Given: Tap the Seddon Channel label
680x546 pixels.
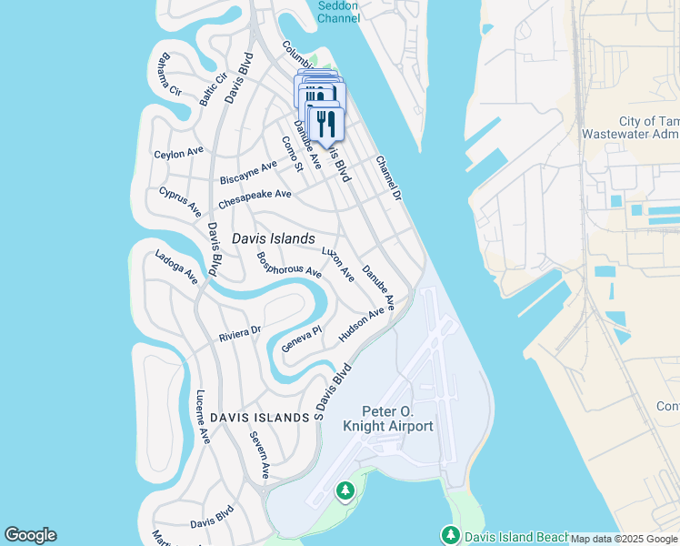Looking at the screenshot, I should tap(339, 11).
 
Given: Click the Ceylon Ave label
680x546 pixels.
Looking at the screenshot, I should tap(179, 154).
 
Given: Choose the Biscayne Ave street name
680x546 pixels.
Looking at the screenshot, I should tap(248, 172).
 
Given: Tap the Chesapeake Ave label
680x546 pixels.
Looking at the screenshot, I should tap(255, 194).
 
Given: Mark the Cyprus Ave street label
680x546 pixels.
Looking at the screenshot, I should tap(180, 202).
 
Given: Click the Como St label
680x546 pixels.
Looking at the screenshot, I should tap(291, 153).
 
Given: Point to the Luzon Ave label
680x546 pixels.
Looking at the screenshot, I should tap(338, 263).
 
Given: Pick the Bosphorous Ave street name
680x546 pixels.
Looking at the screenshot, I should tap(289, 265).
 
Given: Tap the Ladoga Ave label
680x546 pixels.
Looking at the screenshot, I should tap(176, 267).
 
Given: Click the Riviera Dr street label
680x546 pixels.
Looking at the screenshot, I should tap(240, 334).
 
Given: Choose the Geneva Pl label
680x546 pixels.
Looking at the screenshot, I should tap(302, 340).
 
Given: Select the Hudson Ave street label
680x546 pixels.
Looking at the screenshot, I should tap(361, 325).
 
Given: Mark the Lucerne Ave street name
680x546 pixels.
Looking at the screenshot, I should tap(203, 417).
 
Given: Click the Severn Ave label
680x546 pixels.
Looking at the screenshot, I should tap(260, 455).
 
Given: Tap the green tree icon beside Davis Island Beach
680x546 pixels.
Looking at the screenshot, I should tap(449, 535).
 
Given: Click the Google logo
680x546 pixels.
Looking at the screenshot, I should tap(30, 535).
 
